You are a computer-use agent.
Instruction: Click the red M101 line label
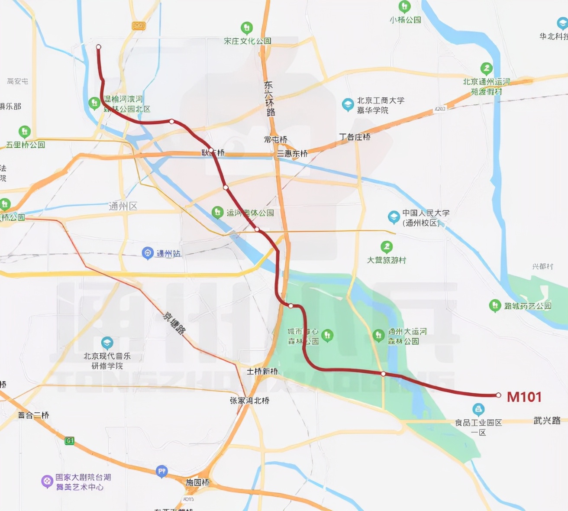(x=524, y=397)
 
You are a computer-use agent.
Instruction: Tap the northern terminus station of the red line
(x=99, y=47)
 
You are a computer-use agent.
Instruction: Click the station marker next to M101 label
(x=498, y=395)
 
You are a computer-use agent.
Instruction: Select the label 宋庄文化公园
(x=247, y=41)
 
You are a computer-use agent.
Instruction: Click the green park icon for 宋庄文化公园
(x=246, y=28)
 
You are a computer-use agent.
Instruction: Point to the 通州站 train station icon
(x=148, y=253)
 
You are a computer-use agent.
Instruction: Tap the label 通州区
(x=123, y=206)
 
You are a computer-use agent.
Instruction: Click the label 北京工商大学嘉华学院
(x=380, y=105)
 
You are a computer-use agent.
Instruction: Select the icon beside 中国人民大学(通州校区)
(x=394, y=217)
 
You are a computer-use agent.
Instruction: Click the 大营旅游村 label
(x=386, y=260)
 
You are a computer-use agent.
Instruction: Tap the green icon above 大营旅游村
(x=386, y=247)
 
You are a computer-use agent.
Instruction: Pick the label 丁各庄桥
(x=355, y=137)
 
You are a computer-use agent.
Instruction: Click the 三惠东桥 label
(x=292, y=153)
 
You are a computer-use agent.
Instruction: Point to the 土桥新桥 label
(x=262, y=371)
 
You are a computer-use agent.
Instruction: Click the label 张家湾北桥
(x=249, y=401)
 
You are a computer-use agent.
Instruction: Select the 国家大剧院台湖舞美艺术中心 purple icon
(x=47, y=481)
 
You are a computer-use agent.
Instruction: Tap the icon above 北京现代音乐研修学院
(x=107, y=343)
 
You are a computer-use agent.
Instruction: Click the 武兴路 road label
(x=547, y=420)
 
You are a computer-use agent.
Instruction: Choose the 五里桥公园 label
(x=26, y=145)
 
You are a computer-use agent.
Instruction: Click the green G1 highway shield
(x=69, y=441)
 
